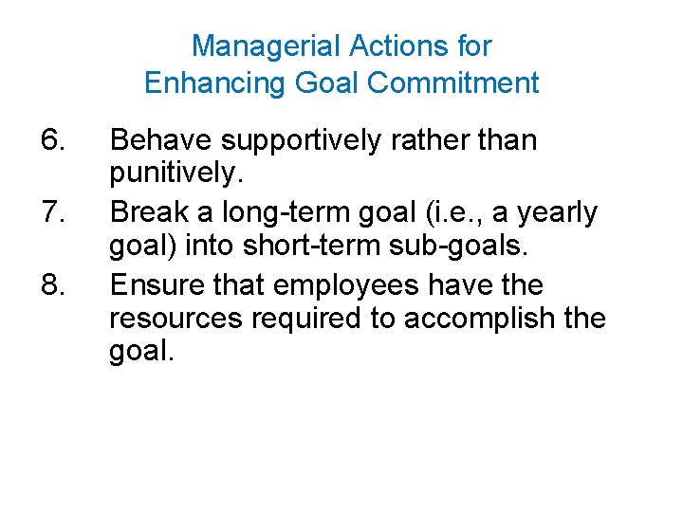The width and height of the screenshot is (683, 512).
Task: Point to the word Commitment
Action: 452,83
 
